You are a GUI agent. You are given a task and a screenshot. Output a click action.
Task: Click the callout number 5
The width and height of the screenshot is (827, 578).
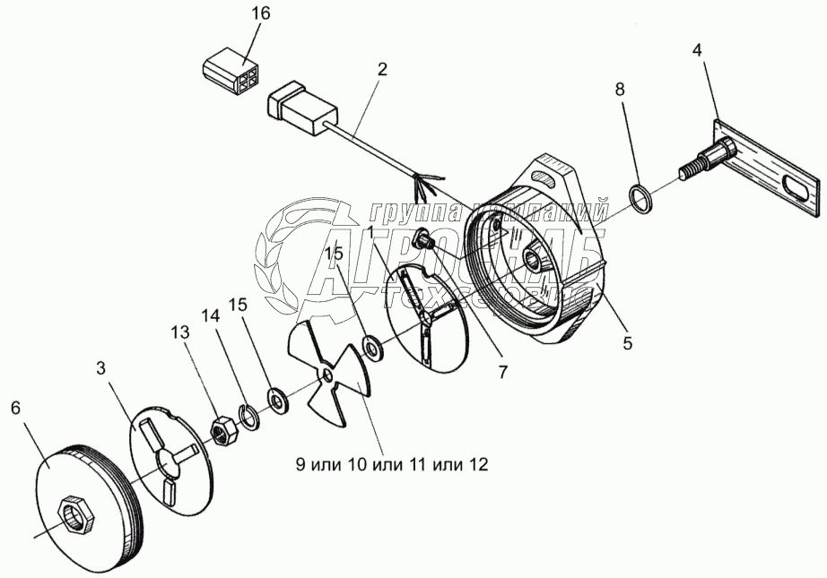tap(626, 343)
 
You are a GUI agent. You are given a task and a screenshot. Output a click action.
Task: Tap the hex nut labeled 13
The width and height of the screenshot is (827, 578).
tap(222, 431)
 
